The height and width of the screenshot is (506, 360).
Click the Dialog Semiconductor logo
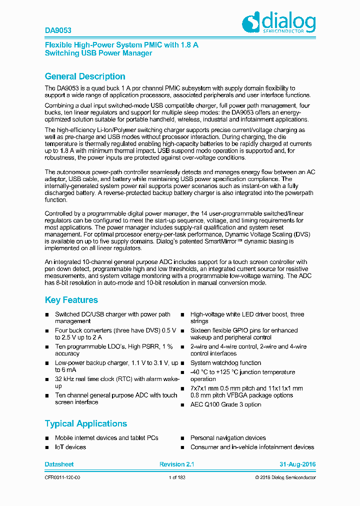(x=278, y=23)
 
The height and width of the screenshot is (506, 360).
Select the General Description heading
(x=85, y=76)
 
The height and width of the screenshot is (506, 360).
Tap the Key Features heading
(x=71, y=300)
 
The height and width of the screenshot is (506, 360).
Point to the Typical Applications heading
(x=86, y=423)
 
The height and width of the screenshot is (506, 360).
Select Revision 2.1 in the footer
(x=176, y=464)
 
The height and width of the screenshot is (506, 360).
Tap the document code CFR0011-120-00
(x=62, y=478)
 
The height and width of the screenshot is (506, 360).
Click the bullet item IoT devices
(x=70, y=447)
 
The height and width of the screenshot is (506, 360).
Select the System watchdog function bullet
(x=225, y=363)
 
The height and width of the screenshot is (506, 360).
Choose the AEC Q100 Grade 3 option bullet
(x=225, y=404)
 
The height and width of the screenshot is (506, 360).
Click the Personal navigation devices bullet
(x=228, y=438)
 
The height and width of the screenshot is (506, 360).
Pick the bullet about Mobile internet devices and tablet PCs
(x=106, y=438)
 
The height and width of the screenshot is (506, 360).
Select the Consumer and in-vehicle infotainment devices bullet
(x=252, y=447)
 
